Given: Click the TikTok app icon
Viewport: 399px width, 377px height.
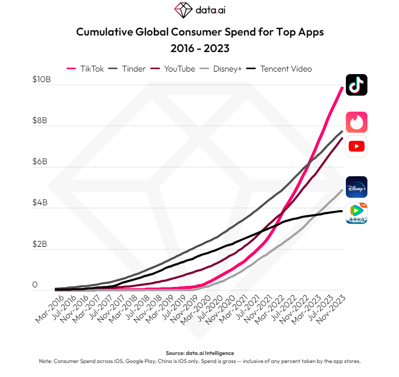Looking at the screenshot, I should pos(357,85).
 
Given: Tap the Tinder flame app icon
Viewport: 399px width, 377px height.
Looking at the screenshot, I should pos(357,122).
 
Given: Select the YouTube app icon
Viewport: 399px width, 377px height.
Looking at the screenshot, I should pos(357,146).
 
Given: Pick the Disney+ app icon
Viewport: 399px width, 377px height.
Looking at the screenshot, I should pos(357,187).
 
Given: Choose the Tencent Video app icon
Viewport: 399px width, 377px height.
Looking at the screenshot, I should pos(357,213).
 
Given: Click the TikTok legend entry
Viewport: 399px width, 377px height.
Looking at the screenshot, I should pos(86,69).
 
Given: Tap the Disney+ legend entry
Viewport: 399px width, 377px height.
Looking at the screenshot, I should pos(222,69).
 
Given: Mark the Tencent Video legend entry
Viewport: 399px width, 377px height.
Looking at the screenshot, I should pos(281,69).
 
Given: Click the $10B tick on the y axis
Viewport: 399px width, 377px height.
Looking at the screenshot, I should pos(42,80).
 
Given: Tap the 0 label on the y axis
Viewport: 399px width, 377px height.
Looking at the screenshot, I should pos(35,285).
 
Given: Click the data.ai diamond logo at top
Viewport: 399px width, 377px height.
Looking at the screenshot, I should pos(183,10).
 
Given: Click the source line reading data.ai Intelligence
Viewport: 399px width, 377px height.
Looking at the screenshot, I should pos(199,353).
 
